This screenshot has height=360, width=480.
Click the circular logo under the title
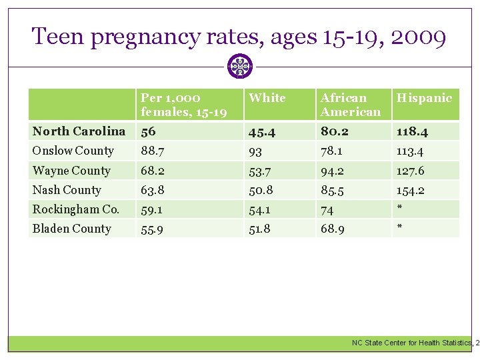239,67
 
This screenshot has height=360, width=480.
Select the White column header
267,98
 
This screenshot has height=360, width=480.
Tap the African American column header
351,105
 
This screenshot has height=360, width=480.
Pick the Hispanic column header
424,98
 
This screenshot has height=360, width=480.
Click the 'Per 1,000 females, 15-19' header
183,105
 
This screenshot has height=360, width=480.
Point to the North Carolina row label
79,131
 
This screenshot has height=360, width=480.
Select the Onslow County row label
73,151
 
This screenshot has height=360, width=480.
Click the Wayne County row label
71,171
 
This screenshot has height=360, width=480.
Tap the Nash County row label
67,190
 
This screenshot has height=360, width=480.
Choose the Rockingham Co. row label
76,209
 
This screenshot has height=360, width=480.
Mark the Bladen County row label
72,229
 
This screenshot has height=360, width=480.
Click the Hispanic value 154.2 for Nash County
410,190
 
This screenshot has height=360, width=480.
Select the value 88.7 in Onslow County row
153,151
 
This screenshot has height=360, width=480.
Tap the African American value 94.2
333,171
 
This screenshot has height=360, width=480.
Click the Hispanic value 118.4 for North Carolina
411,131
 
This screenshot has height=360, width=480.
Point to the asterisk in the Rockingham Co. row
399,209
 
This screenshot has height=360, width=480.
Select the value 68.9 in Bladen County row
333,229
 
